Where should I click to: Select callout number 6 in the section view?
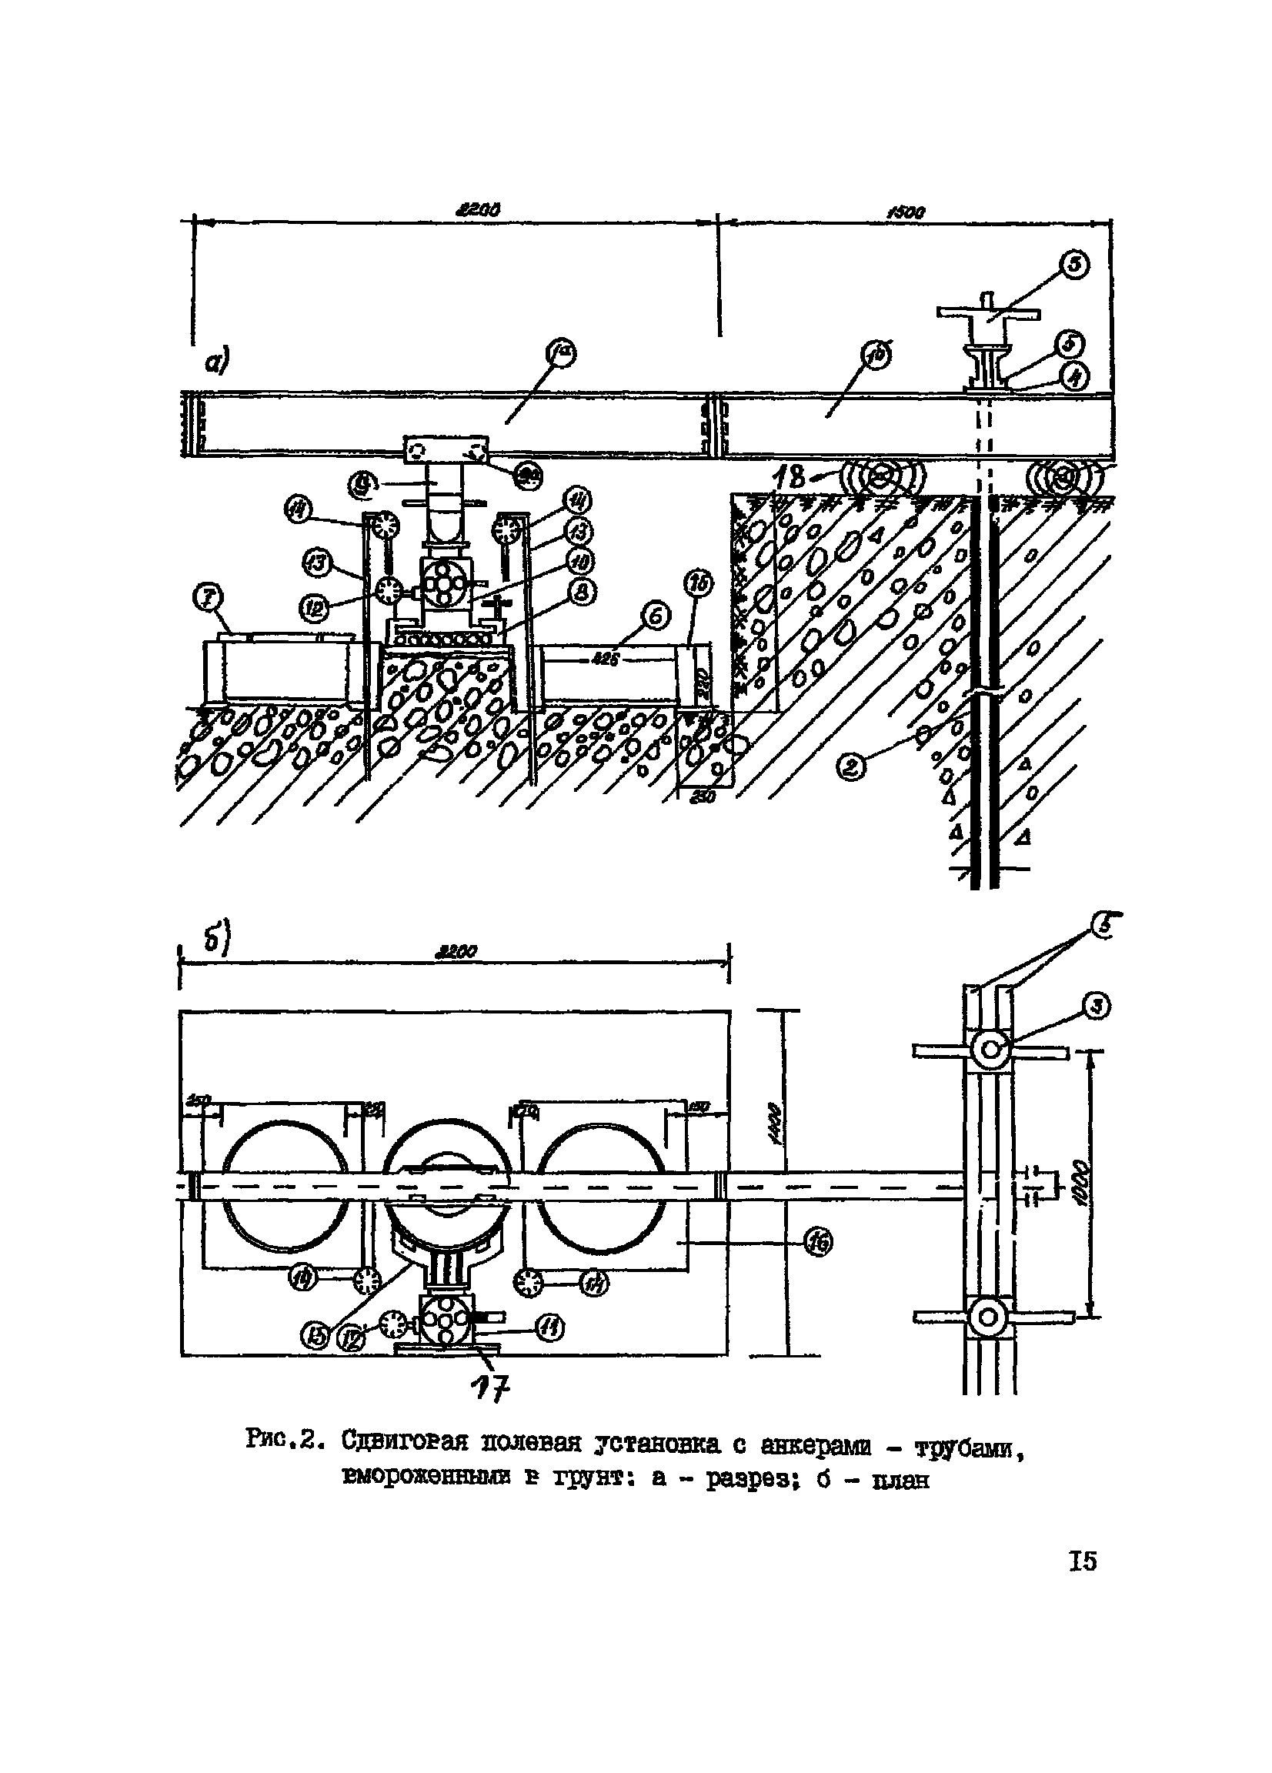click(655, 617)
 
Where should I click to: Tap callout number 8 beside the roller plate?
click(584, 594)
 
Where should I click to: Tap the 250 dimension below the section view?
click(705, 799)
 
